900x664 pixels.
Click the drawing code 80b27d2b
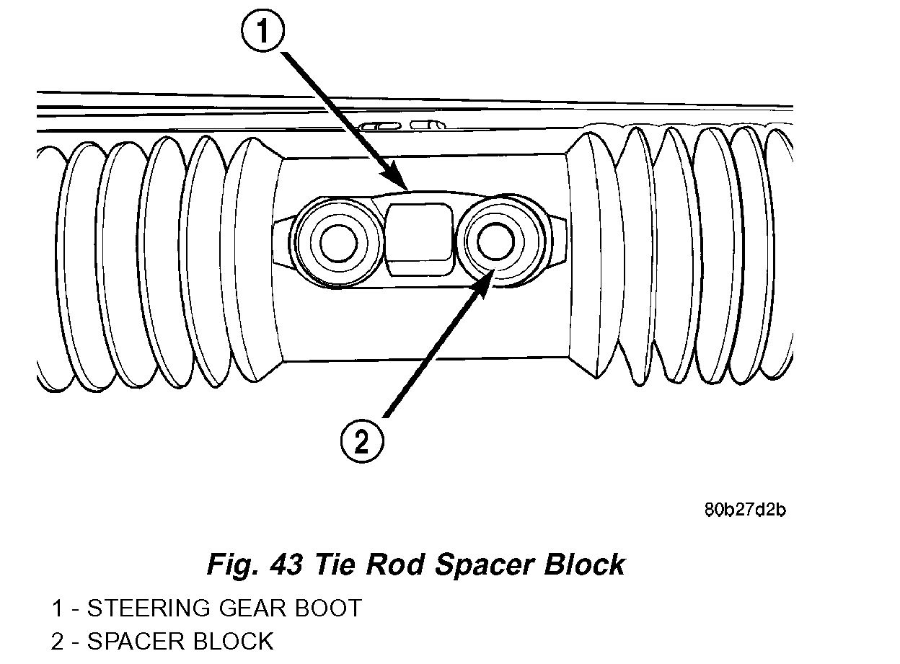[x=745, y=510]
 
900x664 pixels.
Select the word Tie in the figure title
[x=337, y=564]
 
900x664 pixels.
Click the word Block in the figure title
[x=584, y=564]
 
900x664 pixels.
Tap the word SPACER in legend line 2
[x=133, y=641]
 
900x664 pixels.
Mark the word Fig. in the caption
[x=230, y=564]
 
